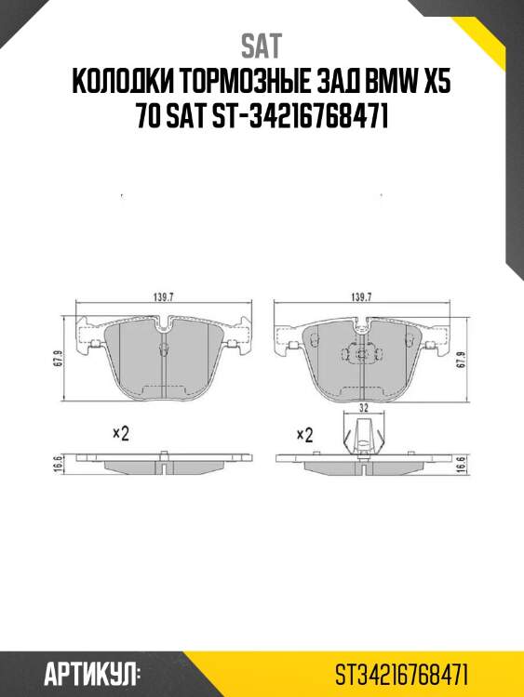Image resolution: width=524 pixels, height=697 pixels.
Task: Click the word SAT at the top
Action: (x=261, y=46)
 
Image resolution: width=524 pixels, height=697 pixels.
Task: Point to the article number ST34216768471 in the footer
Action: (x=402, y=671)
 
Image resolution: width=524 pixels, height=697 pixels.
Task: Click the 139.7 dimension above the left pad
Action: (x=165, y=297)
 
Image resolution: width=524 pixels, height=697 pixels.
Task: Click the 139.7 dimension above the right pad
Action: (x=361, y=297)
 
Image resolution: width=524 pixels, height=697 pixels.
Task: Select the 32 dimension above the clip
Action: (x=364, y=408)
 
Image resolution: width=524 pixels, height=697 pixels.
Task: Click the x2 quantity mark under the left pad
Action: (x=120, y=432)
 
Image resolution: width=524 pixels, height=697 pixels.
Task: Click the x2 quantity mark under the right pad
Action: (x=304, y=434)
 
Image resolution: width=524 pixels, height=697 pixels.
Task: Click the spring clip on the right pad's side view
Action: (x=363, y=437)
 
